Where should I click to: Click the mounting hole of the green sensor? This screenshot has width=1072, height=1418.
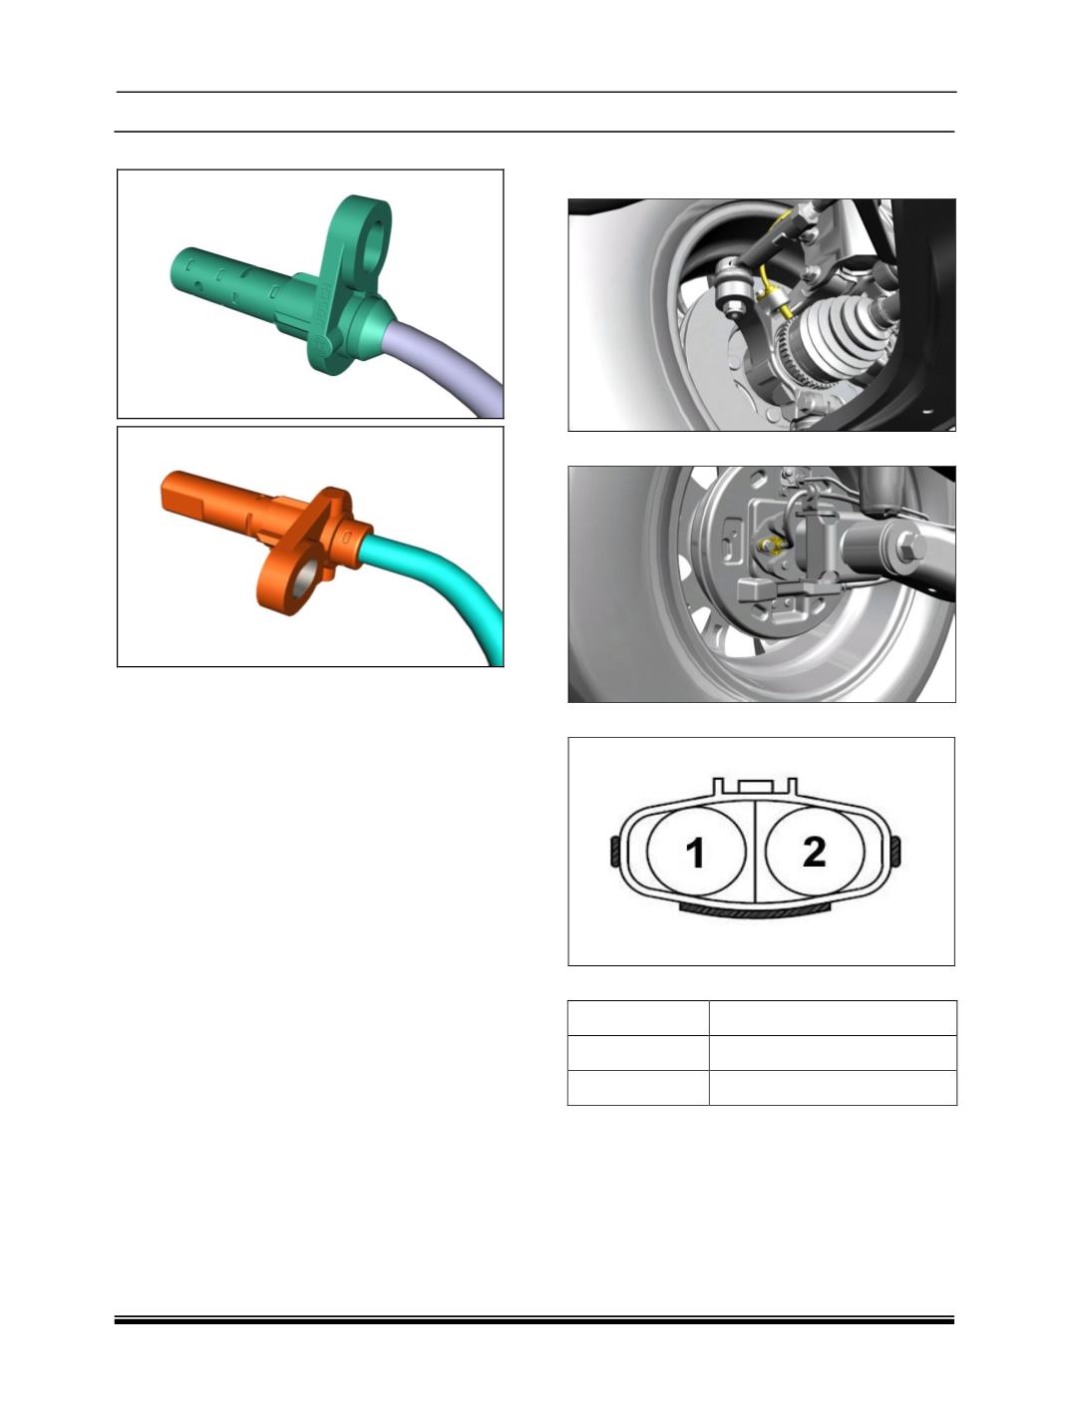pyautogui.click(x=373, y=245)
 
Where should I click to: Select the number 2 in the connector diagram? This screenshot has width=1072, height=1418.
pyautogui.click(x=814, y=852)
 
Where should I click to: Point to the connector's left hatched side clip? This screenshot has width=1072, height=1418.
pyautogui.click(x=614, y=852)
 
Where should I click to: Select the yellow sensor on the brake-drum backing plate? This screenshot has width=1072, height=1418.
pyautogui.click(x=770, y=545)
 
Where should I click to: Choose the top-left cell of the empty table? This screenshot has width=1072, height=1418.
pyautogui.click(x=638, y=1018)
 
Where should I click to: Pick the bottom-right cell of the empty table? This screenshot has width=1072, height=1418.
pyautogui.click(x=833, y=1088)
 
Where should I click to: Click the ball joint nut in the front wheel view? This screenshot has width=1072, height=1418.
pyautogui.click(x=733, y=303)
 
